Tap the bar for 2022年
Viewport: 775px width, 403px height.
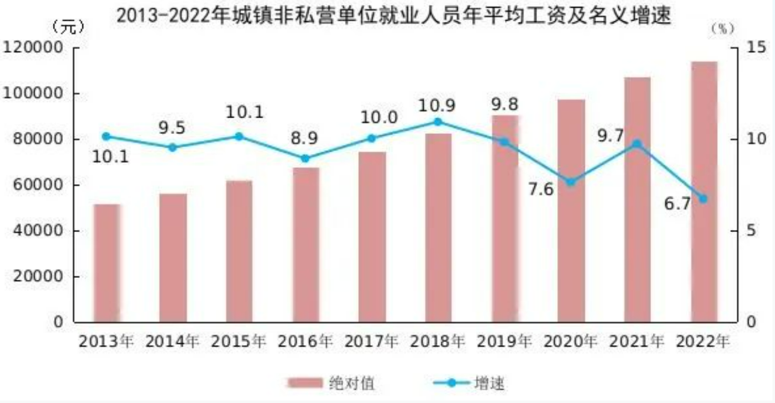[704, 192]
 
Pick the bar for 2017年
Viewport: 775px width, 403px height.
[372, 236]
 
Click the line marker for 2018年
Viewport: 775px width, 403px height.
[438, 122]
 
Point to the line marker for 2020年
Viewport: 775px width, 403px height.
[571, 182]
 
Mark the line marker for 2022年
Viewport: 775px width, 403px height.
[704, 199]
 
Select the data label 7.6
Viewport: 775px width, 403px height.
[540, 189]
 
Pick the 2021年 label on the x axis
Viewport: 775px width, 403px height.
[637, 342]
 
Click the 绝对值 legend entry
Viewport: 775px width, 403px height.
[333, 383]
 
